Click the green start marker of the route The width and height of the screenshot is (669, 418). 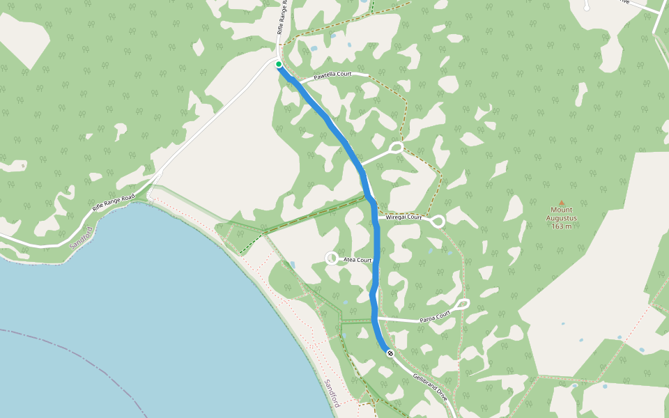(x=279, y=64)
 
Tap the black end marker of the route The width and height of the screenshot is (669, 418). (x=390, y=353)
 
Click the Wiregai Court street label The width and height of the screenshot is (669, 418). (x=403, y=217)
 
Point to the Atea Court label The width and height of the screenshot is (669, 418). (x=358, y=260)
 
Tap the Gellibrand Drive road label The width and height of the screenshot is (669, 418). (x=429, y=385)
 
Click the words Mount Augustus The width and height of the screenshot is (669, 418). (x=562, y=214)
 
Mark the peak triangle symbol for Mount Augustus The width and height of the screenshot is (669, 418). (x=562, y=203)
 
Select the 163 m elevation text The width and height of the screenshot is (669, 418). (x=561, y=226)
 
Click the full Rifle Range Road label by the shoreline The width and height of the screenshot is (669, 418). (x=112, y=199)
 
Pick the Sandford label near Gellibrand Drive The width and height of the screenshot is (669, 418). (x=332, y=394)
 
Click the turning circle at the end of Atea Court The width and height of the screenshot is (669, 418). (x=332, y=258)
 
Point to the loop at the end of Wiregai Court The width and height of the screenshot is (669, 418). (x=438, y=222)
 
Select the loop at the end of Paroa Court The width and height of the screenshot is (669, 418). (x=463, y=304)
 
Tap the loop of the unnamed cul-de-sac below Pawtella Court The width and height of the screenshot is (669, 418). (x=396, y=148)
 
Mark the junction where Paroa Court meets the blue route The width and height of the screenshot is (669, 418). (x=375, y=318)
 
